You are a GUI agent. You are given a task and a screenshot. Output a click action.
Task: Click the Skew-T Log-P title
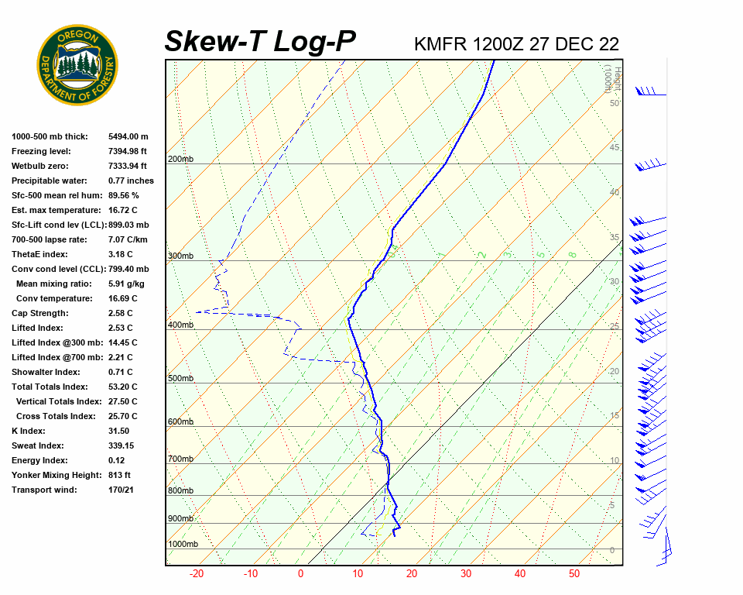[260, 42]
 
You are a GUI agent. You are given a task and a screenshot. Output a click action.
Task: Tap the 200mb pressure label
[180, 160]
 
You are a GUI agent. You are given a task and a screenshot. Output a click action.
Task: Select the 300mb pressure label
[180, 256]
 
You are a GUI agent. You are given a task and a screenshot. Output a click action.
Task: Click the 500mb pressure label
[180, 378]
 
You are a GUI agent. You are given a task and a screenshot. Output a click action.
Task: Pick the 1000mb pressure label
[183, 544]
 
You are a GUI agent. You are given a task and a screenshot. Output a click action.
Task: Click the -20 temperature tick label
[196, 574]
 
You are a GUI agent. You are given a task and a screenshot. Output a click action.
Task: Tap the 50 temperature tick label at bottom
[574, 574]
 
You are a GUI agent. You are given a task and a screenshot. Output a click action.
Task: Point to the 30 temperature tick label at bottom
[466, 574]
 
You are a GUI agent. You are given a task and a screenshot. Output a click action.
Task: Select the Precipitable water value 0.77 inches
[131, 181]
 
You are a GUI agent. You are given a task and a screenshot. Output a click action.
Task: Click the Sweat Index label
[38, 445]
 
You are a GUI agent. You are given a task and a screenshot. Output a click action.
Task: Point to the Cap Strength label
[39, 313]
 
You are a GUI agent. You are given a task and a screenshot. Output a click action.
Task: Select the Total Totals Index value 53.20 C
[122, 387]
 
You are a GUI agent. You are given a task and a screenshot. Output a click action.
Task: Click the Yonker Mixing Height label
[53, 475]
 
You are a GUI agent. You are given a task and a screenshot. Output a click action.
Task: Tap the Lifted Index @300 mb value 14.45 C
[122, 342]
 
